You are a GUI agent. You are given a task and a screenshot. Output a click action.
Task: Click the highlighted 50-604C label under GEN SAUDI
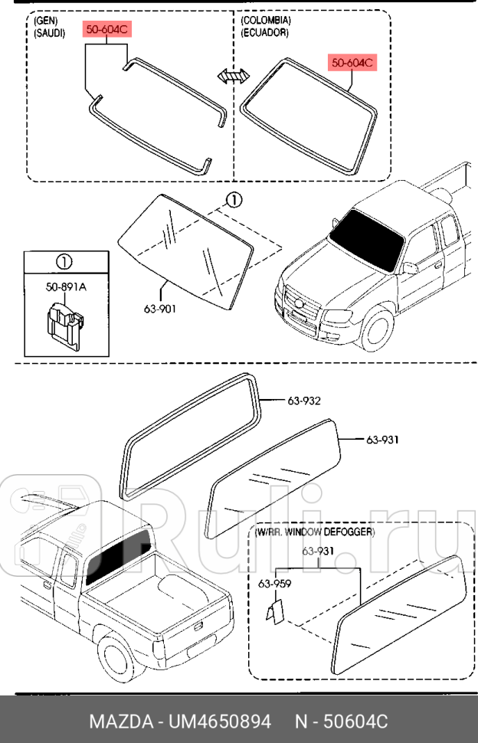(x=107, y=30)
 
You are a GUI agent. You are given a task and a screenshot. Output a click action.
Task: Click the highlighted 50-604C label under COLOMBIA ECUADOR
(x=353, y=62)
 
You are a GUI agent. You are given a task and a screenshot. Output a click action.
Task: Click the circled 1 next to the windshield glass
(x=234, y=200)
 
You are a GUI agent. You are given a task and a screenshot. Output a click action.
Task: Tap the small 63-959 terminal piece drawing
(x=275, y=610)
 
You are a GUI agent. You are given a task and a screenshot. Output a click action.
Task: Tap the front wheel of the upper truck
(x=376, y=326)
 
